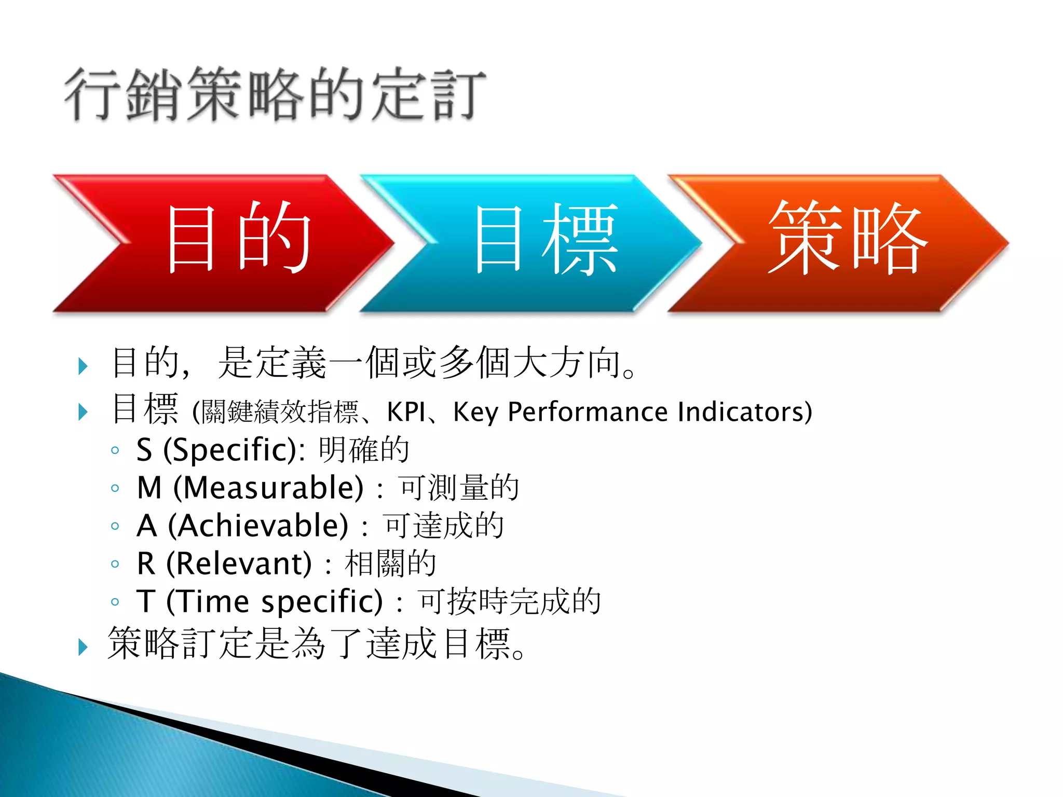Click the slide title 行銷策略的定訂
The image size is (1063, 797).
tap(275, 94)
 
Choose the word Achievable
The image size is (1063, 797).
tap(258, 526)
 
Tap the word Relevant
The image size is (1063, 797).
tap(239, 564)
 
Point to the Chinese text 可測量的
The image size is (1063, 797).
tap(459, 488)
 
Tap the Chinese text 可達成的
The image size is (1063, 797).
tap(444, 526)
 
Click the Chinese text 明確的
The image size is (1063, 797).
tap(364, 450)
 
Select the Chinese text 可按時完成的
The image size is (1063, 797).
tap(509, 601)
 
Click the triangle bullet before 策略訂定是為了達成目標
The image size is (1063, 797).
tap(83, 647)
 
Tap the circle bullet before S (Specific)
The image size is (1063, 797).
tap(115, 450)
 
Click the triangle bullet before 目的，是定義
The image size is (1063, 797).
tap(83, 366)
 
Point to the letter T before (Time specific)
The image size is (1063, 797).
tap(146, 601)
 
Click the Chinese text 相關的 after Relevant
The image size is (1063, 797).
tap(390, 564)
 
